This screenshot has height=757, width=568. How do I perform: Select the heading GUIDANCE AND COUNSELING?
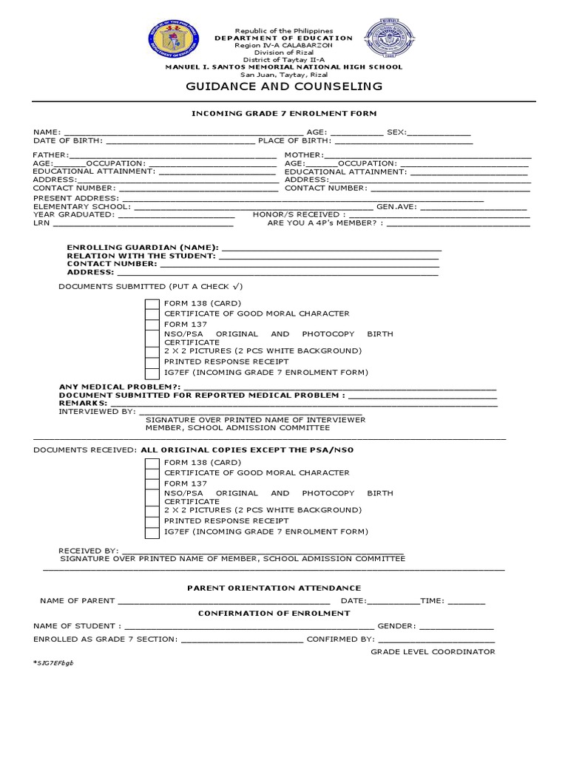point(284,86)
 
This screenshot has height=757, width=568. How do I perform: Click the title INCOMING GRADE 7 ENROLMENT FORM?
point(284,113)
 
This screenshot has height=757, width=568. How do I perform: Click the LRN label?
point(41,222)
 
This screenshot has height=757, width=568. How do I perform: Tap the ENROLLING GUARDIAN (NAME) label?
point(142,247)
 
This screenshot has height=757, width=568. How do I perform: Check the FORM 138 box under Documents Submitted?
point(152,304)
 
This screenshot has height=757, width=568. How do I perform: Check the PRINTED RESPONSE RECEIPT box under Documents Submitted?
point(152,361)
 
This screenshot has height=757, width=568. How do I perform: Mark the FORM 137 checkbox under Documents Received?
point(152,484)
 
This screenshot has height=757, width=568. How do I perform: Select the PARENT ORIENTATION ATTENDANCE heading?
point(284,587)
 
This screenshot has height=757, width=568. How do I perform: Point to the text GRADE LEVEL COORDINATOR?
point(433,651)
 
